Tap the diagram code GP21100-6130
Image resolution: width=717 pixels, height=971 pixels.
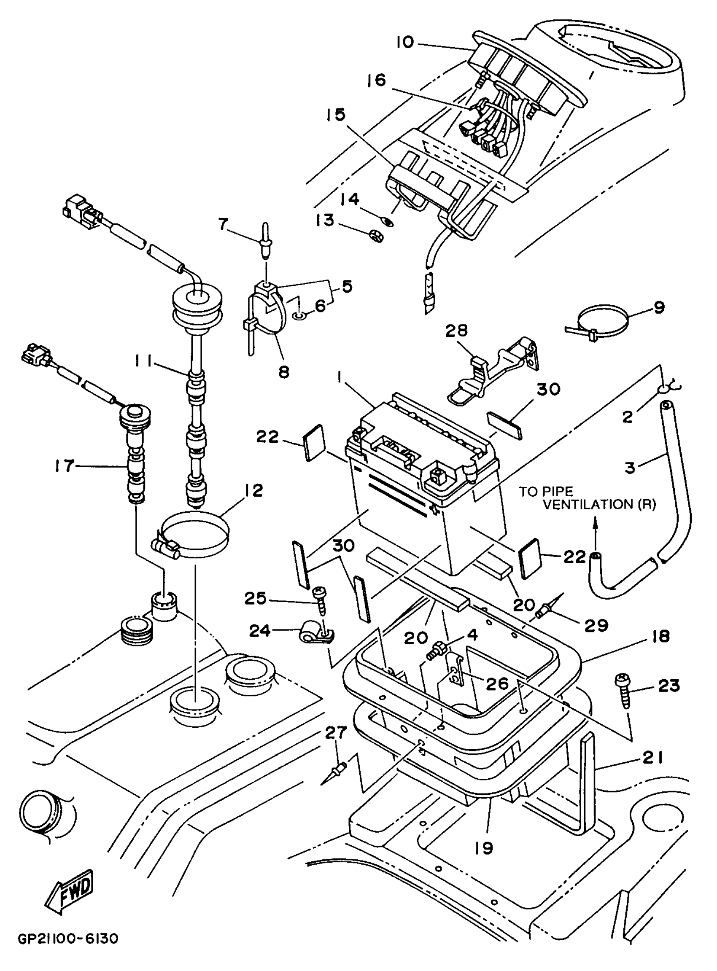68,952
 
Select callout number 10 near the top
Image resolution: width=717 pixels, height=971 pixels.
405,43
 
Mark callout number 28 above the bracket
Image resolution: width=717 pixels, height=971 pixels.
457,331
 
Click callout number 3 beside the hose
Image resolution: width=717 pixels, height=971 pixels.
630,467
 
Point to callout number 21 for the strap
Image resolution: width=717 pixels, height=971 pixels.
652,758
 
